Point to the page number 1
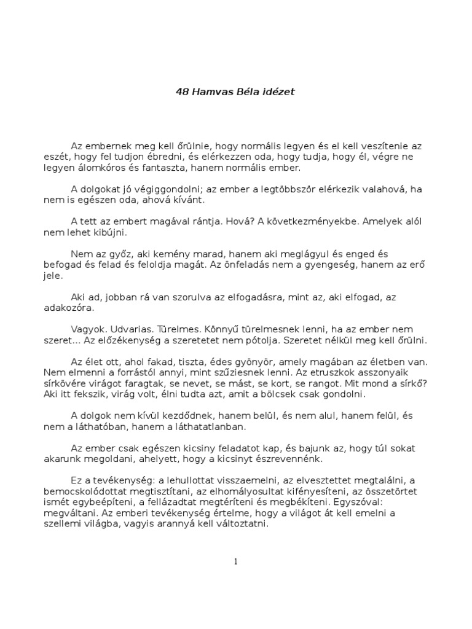[235, 561]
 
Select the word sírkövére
[70, 383]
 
